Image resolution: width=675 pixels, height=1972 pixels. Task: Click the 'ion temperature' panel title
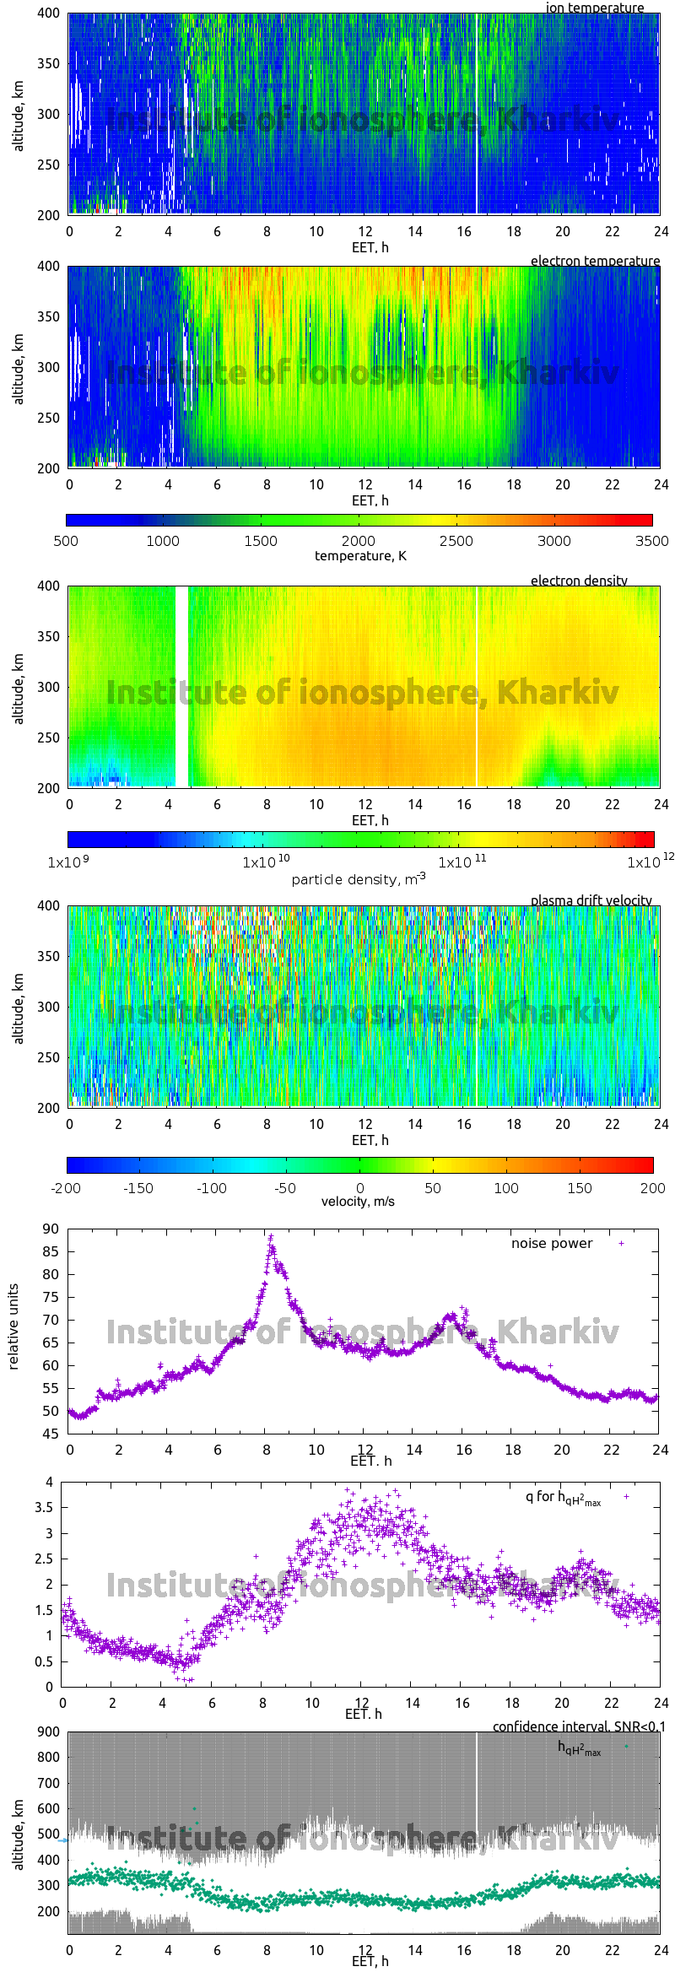pyautogui.click(x=594, y=8)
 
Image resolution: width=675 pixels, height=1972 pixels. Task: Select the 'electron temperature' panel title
pyautogui.click(x=595, y=261)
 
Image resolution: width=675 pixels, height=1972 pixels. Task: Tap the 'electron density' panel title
pyautogui.click(x=579, y=581)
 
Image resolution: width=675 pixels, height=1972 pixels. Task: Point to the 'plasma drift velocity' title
pyautogui.click(x=591, y=900)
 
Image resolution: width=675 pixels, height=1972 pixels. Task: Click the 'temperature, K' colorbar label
pyautogui.click(x=360, y=555)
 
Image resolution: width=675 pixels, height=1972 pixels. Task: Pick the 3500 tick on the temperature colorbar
pyautogui.click(x=651, y=541)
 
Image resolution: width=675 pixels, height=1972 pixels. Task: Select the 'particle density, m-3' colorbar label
pyautogui.click(x=359, y=879)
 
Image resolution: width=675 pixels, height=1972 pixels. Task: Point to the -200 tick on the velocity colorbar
pyautogui.click(x=66, y=1188)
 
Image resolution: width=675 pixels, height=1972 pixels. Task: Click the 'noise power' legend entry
pyautogui.click(x=552, y=1243)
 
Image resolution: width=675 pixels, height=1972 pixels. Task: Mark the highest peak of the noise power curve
pyautogui.click(x=271, y=1237)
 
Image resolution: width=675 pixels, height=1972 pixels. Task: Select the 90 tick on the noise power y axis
pyautogui.click(x=51, y=1229)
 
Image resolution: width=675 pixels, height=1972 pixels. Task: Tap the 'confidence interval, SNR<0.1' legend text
pyautogui.click(x=579, y=1726)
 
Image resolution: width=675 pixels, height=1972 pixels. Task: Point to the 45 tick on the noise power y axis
pyautogui.click(x=51, y=1434)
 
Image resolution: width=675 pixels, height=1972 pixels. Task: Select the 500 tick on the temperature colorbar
pyautogui.click(x=66, y=541)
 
